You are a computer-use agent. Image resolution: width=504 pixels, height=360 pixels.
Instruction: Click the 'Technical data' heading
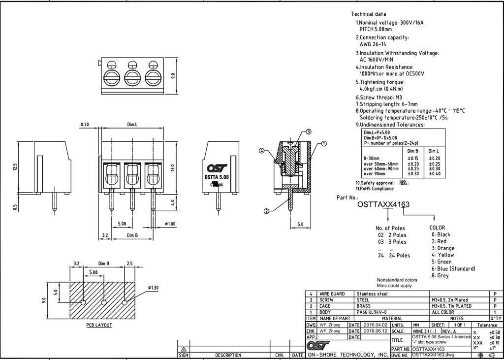(368, 14)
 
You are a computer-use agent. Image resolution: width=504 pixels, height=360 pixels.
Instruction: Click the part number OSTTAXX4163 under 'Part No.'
(383, 204)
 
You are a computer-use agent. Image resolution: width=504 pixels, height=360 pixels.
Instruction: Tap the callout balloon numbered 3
(309, 132)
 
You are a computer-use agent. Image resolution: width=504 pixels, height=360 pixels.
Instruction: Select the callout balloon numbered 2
(266, 211)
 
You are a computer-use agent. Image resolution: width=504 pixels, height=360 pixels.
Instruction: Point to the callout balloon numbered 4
(262, 151)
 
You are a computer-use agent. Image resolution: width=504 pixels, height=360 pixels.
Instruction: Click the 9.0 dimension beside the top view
(173, 76)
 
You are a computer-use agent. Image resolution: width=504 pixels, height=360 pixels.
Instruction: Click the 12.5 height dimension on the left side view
(15, 167)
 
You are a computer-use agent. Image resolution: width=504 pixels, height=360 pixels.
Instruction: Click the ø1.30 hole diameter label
(153, 288)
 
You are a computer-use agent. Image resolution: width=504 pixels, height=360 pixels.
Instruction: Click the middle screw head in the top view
(132, 77)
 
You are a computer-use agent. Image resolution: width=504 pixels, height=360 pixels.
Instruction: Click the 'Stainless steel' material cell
(372, 294)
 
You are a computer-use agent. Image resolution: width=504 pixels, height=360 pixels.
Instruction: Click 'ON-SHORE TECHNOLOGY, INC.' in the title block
(348, 355)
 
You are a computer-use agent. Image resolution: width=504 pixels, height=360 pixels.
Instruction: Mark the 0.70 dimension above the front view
(85, 125)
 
